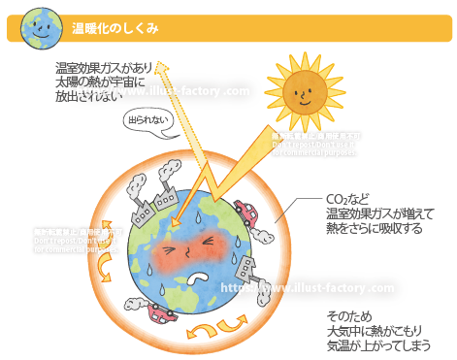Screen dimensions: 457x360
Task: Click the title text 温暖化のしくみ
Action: tap(116, 29)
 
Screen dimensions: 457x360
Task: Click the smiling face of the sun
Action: tap(301, 93)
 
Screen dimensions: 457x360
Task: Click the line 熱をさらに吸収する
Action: tap(374, 229)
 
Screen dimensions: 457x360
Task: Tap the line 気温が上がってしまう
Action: tap(378, 345)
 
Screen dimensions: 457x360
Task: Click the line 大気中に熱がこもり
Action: tap(378, 331)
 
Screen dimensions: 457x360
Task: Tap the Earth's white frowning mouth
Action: tap(199, 276)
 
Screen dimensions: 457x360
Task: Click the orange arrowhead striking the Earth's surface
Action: tap(176, 226)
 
